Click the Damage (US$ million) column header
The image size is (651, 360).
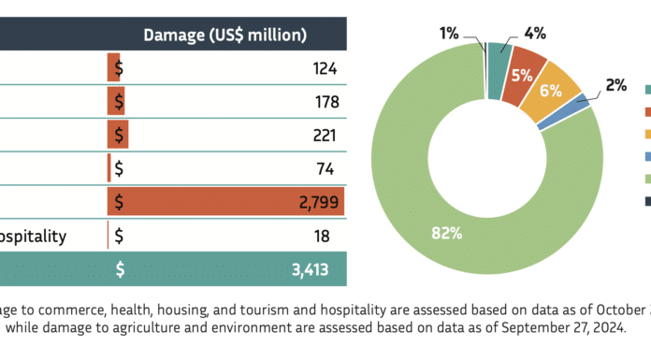(x=225, y=35)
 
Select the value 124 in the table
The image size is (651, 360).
(x=325, y=68)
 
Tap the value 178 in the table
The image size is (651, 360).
(x=327, y=102)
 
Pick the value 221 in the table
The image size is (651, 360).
(x=325, y=136)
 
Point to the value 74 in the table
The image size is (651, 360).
(x=325, y=169)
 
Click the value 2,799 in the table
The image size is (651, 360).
(x=319, y=202)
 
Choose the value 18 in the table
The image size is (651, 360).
(x=322, y=237)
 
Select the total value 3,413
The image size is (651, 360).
(x=311, y=270)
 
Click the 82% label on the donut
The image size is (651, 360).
(x=447, y=234)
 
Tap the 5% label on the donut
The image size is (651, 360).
(x=522, y=76)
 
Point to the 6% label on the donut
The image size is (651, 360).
(x=551, y=91)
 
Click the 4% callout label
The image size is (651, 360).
(x=535, y=34)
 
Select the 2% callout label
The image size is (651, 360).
(x=616, y=85)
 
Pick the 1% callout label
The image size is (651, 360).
(x=449, y=34)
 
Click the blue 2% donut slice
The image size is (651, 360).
(x=565, y=111)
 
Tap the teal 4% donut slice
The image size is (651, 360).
(x=499, y=70)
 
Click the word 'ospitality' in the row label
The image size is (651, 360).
(x=33, y=238)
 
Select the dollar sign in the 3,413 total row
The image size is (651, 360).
(x=120, y=270)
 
